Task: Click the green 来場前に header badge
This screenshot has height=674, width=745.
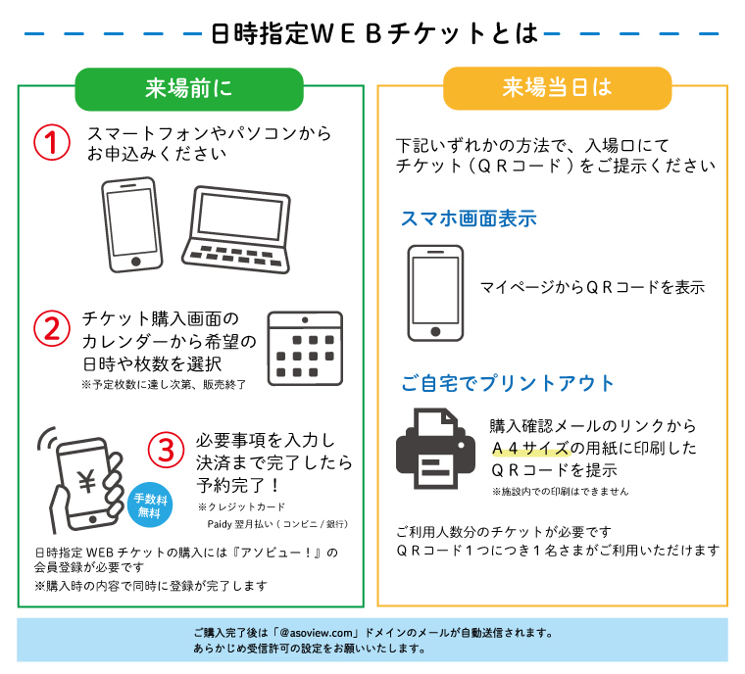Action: (x=189, y=89)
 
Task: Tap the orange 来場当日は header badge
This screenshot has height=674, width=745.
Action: (x=558, y=88)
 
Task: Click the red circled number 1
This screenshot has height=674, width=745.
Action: (x=52, y=142)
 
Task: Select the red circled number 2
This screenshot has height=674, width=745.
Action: (x=52, y=328)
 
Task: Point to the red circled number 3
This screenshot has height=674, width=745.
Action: (x=166, y=450)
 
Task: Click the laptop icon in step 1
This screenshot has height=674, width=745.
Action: (x=236, y=229)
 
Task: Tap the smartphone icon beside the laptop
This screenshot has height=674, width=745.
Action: (x=131, y=224)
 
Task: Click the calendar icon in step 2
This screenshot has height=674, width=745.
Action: (x=305, y=348)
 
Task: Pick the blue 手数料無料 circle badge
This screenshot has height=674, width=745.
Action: (x=150, y=505)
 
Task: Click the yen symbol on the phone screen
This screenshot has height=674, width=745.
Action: (x=87, y=482)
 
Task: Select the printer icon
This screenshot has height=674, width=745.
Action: (x=435, y=449)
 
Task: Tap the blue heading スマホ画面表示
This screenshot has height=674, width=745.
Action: (x=469, y=218)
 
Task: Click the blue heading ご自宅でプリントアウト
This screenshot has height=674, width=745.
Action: (x=508, y=383)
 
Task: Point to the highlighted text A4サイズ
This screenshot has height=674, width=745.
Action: (x=530, y=448)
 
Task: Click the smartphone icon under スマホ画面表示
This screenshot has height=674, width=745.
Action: (x=435, y=293)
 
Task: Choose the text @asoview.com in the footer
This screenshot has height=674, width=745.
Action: (x=318, y=633)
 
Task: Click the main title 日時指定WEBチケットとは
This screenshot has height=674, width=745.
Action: (x=374, y=33)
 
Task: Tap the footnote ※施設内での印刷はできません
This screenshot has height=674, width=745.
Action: (x=560, y=491)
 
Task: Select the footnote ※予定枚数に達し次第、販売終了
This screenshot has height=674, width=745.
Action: (x=164, y=384)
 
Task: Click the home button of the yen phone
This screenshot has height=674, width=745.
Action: (x=93, y=519)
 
